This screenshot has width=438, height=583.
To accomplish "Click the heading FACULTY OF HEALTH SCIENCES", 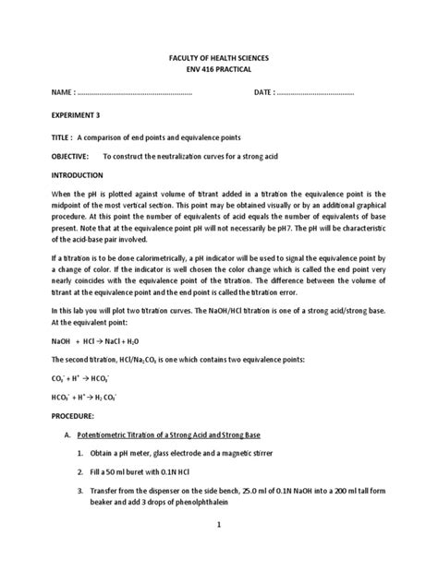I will pyautogui.click(x=218, y=57).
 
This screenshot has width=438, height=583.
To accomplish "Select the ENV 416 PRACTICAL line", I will pyautogui.click(x=218, y=69).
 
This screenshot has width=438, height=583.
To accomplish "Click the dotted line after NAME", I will pyautogui.click(x=133, y=94).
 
